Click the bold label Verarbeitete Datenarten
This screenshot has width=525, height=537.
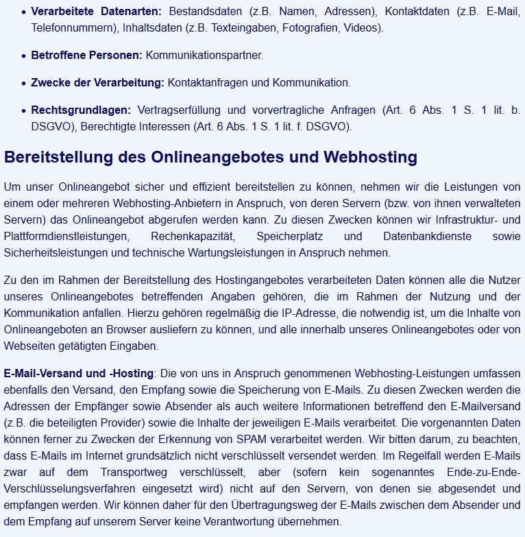coord(96,12)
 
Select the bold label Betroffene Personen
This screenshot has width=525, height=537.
coord(86,55)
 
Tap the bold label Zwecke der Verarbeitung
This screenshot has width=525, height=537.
coord(97,82)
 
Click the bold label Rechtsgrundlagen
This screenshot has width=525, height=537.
coord(80,110)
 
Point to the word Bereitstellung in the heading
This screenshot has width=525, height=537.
coord(59,157)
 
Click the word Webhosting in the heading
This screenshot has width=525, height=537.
coord(370,157)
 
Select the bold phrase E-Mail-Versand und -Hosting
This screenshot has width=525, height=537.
coord(78,374)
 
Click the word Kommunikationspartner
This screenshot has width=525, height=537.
coord(204,55)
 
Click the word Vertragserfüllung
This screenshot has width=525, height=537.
coord(180,110)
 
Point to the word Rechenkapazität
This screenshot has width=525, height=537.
coord(193,236)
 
